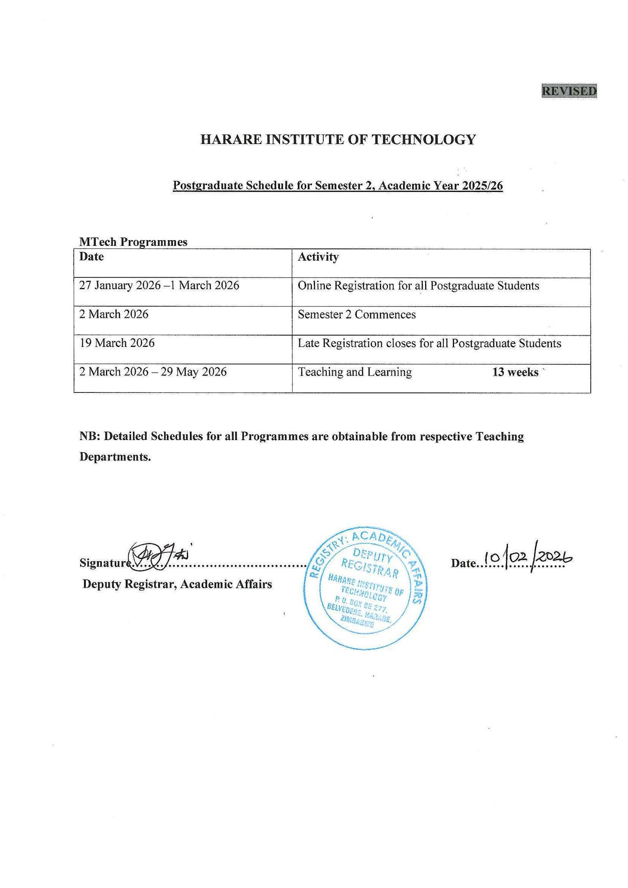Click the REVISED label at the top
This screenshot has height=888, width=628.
(x=569, y=91)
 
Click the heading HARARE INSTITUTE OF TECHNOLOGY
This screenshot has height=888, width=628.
(x=338, y=140)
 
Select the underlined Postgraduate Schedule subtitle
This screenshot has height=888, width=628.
(x=338, y=186)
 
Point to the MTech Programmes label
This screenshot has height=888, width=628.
(x=133, y=242)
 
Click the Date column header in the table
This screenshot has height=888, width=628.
(x=91, y=257)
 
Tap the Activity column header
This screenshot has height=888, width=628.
(x=318, y=257)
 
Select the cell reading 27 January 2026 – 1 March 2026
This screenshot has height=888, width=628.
(x=159, y=286)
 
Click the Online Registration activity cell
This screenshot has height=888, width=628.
(x=418, y=286)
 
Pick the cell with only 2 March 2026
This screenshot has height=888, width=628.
(x=114, y=314)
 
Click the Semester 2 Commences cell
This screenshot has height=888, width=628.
(x=357, y=314)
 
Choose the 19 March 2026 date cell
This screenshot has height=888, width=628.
(x=117, y=343)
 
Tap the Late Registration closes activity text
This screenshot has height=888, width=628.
(x=429, y=343)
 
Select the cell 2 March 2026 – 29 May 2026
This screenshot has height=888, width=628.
(x=153, y=372)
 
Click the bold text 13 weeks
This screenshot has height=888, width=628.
(x=515, y=372)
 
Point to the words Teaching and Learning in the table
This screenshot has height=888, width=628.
(x=355, y=372)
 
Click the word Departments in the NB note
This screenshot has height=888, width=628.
(x=115, y=457)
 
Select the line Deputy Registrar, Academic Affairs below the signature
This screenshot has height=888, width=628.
(x=177, y=584)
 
